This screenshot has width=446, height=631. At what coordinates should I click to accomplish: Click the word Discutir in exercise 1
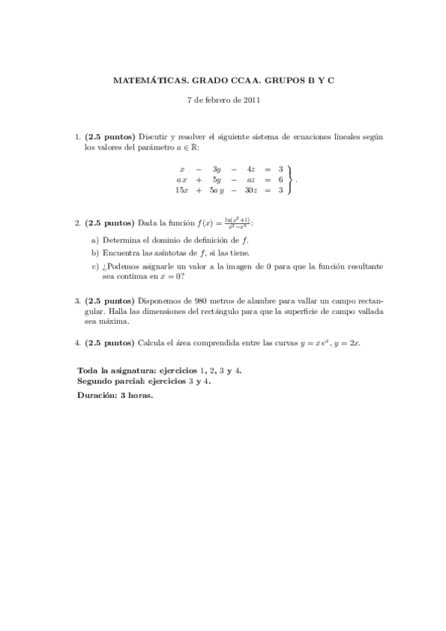point(153,137)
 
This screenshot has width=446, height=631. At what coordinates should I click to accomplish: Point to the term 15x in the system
point(181,190)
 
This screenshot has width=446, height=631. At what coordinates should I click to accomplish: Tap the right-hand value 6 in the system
point(280,179)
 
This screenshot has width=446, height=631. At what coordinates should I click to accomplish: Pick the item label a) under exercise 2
point(95,241)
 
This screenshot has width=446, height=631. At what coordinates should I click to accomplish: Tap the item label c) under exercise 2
point(95,265)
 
